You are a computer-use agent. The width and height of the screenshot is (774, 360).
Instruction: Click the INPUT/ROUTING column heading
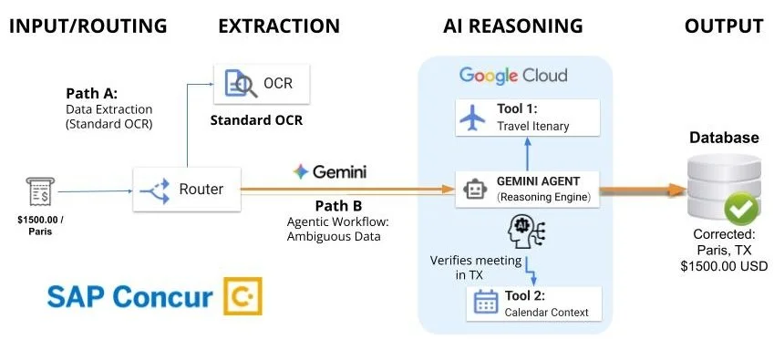pyautogui.click(x=88, y=25)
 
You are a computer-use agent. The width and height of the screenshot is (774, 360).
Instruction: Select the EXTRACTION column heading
pyautogui.click(x=279, y=25)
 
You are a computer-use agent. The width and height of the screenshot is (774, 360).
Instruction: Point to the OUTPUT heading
pyautogui.click(x=724, y=25)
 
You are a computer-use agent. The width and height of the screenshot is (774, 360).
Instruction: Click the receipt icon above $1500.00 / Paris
pyautogui.click(x=36, y=192)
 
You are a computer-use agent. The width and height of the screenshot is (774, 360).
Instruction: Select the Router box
pyautogui.click(x=189, y=190)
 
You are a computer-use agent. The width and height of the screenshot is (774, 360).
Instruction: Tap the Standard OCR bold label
pyautogui.click(x=257, y=120)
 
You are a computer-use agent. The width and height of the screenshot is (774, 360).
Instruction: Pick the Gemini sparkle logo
pyautogui.click(x=301, y=170)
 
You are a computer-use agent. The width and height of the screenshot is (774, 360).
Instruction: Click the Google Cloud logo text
pyautogui.click(x=513, y=75)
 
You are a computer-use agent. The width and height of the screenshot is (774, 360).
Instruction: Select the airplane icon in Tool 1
pyautogui.click(x=474, y=118)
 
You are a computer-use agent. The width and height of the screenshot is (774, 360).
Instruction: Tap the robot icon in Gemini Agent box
pyautogui.click(x=474, y=189)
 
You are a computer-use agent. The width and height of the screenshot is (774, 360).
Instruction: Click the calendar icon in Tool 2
pyautogui.click(x=484, y=303)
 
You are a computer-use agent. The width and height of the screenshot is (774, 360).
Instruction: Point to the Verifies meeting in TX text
pyautogui.click(x=475, y=268)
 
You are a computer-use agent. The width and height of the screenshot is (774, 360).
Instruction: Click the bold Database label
pyautogui.click(x=724, y=139)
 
